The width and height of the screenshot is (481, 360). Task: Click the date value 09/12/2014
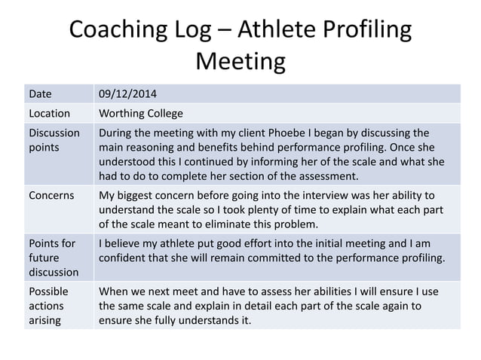(x=129, y=94)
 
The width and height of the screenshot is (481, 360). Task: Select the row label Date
(x=40, y=94)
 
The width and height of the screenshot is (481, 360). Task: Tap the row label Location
(x=49, y=114)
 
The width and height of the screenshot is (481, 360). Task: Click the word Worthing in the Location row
(x=124, y=114)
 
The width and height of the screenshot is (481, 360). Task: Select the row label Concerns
(x=51, y=195)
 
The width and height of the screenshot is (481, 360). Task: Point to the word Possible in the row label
(x=48, y=291)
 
